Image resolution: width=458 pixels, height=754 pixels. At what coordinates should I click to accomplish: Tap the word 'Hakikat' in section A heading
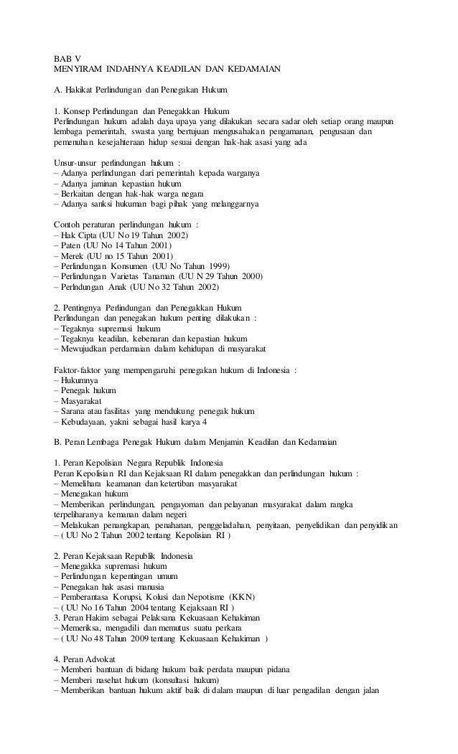click(x=80, y=90)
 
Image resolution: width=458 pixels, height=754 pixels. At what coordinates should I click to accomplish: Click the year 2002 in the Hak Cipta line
click(x=177, y=235)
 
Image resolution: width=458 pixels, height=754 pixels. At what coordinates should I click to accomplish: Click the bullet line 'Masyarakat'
click(x=79, y=401)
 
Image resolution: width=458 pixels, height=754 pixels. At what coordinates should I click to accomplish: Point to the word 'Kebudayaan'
click(x=85, y=422)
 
